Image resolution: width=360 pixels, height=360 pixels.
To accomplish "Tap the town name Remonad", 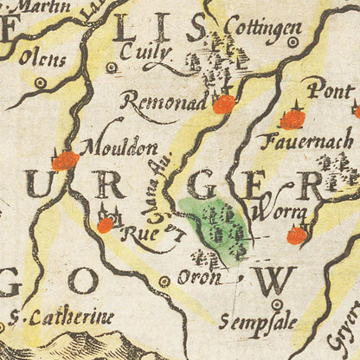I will pos(165,102).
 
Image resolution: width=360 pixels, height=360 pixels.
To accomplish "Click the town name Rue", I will pos(133,231).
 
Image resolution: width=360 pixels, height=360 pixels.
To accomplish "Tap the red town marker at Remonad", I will pos(224,105).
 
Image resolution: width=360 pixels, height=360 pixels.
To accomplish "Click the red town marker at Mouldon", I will pos(64,160).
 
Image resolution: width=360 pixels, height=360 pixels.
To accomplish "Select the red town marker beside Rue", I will pos(105,225).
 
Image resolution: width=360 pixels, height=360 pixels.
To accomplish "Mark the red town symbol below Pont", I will pos(294,119).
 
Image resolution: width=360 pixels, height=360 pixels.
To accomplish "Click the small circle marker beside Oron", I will pos(164,281).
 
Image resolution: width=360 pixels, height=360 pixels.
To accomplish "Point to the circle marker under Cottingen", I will pos(292,42).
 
